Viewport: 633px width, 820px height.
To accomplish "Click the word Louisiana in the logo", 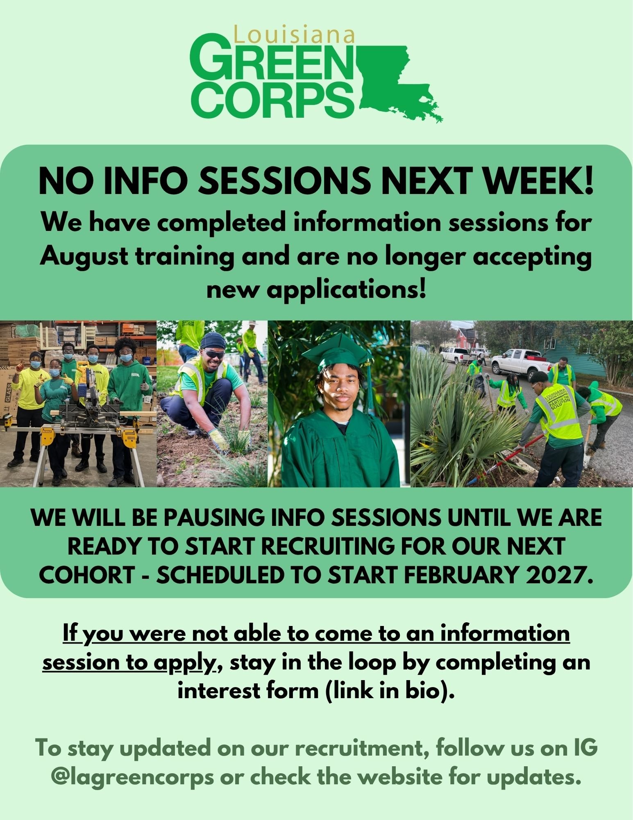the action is click(294, 35).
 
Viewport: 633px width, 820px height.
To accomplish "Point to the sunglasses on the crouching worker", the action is click(214, 354).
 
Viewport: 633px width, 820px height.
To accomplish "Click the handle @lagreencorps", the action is click(132, 777).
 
